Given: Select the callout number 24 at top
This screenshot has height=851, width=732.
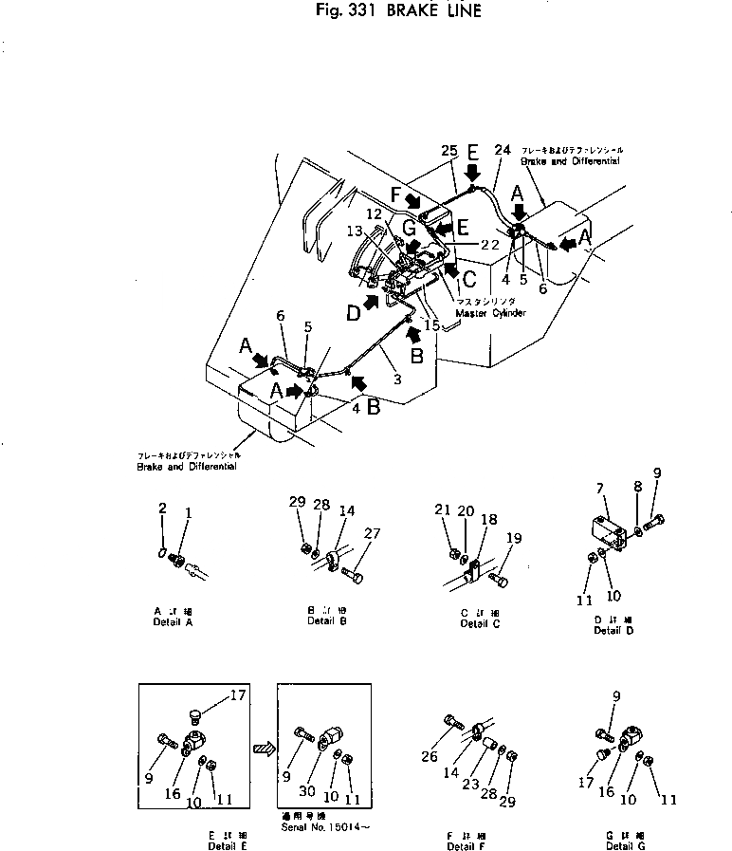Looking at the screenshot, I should (x=503, y=150).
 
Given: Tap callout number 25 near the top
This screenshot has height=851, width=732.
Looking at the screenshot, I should (x=449, y=150).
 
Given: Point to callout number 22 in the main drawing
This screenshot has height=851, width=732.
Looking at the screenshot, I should (x=489, y=244).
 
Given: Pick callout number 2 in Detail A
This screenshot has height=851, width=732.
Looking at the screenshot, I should (x=163, y=509).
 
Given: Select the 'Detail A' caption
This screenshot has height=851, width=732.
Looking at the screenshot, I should (x=172, y=622).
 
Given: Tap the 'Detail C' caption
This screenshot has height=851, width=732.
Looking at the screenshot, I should (x=480, y=622).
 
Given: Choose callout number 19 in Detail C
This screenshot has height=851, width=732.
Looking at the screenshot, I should (x=514, y=539).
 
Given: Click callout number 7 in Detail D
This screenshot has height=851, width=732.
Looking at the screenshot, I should (x=599, y=488).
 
